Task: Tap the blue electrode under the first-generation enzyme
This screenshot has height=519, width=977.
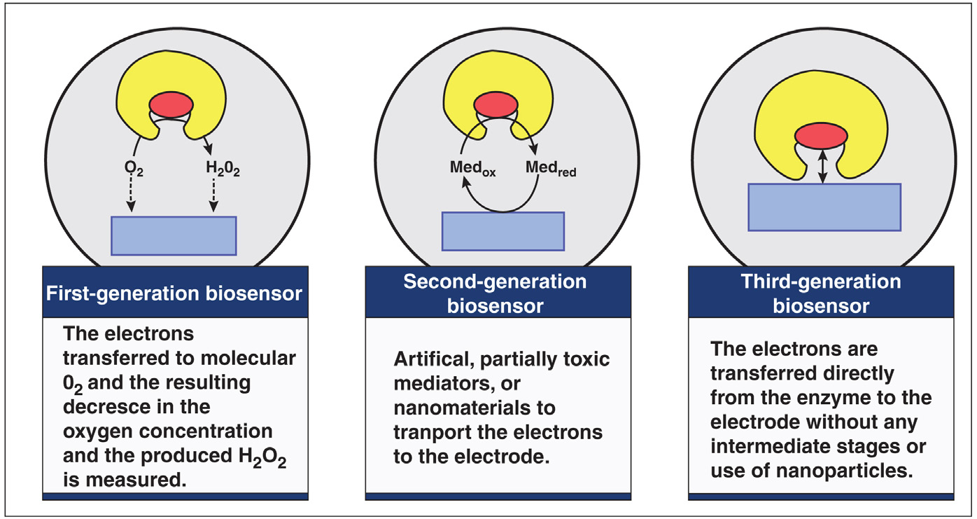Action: (174, 235)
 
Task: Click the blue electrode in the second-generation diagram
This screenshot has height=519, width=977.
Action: (502, 230)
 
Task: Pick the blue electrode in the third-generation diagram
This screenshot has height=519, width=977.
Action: (824, 207)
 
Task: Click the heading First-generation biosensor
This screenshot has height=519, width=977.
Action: (174, 292)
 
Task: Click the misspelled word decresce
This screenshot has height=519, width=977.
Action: (108, 406)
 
